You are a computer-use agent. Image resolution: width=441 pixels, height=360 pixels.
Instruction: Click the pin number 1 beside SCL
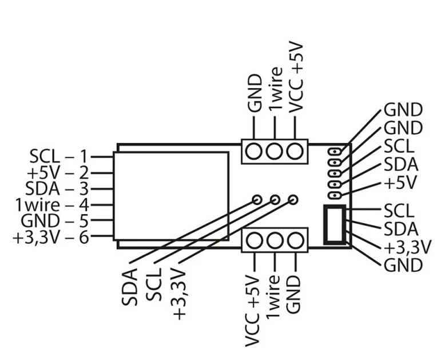(x=84, y=156)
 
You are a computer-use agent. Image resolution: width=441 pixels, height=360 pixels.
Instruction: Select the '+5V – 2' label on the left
(x=58, y=172)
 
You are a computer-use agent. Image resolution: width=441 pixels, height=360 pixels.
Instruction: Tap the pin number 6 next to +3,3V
(x=84, y=238)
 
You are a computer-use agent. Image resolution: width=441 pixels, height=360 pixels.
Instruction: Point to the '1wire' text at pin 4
(x=38, y=205)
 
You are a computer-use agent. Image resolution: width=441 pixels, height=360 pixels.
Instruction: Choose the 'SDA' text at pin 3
(x=42, y=188)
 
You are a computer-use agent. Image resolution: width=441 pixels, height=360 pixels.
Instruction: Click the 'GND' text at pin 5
(x=40, y=221)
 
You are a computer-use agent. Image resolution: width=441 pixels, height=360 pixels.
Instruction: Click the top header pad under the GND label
(x=254, y=151)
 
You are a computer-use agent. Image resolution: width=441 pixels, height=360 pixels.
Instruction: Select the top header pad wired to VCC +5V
(x=295, y=151)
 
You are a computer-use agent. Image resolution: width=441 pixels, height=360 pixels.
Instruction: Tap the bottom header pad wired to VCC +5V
(x=255, y=240)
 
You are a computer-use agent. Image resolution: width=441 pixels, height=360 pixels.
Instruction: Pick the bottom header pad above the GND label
(x=296, y=240)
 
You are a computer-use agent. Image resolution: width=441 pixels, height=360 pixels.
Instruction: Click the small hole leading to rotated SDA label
(x=257, y=200)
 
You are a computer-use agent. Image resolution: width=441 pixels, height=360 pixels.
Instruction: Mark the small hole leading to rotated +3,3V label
(x=293, y=200)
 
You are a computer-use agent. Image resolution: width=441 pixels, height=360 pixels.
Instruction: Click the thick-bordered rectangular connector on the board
(x=335, y=224)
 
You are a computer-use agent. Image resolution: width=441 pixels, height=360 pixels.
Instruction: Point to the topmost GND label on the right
(x=403, y=110)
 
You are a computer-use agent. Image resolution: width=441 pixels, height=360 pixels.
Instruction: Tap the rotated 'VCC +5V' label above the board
(x=296, y=78)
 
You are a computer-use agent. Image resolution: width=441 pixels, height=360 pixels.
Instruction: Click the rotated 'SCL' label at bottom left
(x=154, y=284)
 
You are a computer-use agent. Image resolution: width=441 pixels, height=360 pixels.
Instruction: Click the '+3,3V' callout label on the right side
(x=407, y=247)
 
